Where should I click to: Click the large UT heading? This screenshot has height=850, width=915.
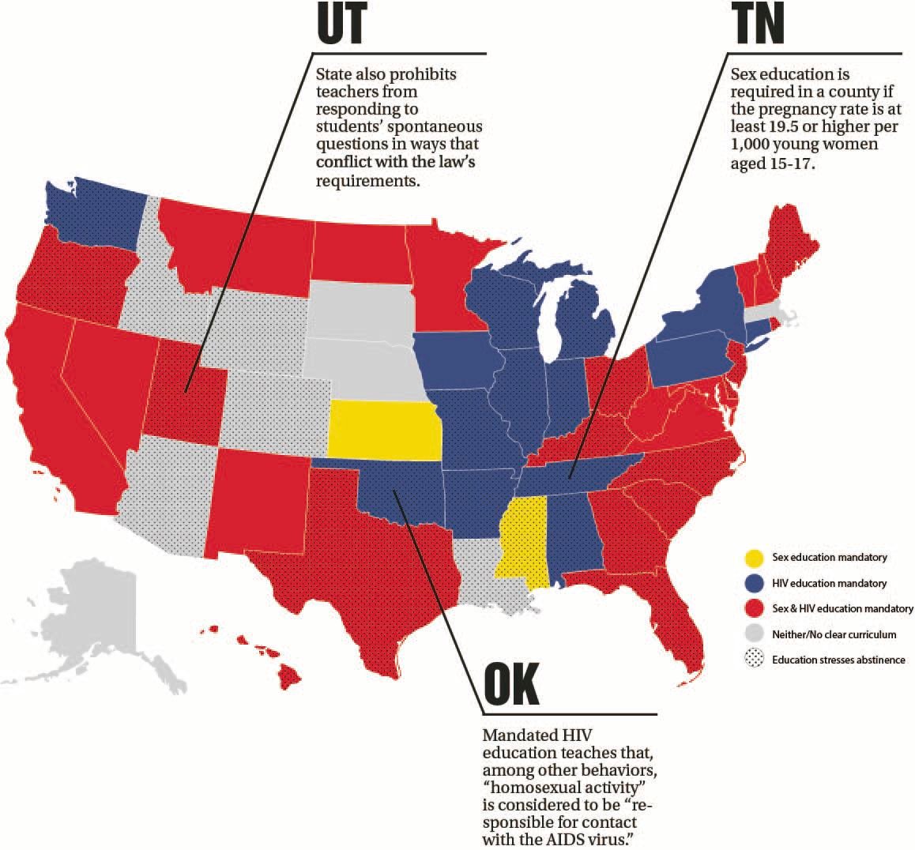[341, 25]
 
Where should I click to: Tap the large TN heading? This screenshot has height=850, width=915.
[757, 25]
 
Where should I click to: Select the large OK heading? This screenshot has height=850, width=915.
[511, 684]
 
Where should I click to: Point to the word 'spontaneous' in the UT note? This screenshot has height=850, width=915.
[439, 126]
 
